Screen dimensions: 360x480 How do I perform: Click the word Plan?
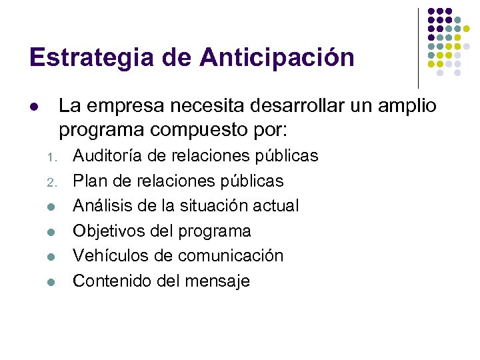[89, 181]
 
